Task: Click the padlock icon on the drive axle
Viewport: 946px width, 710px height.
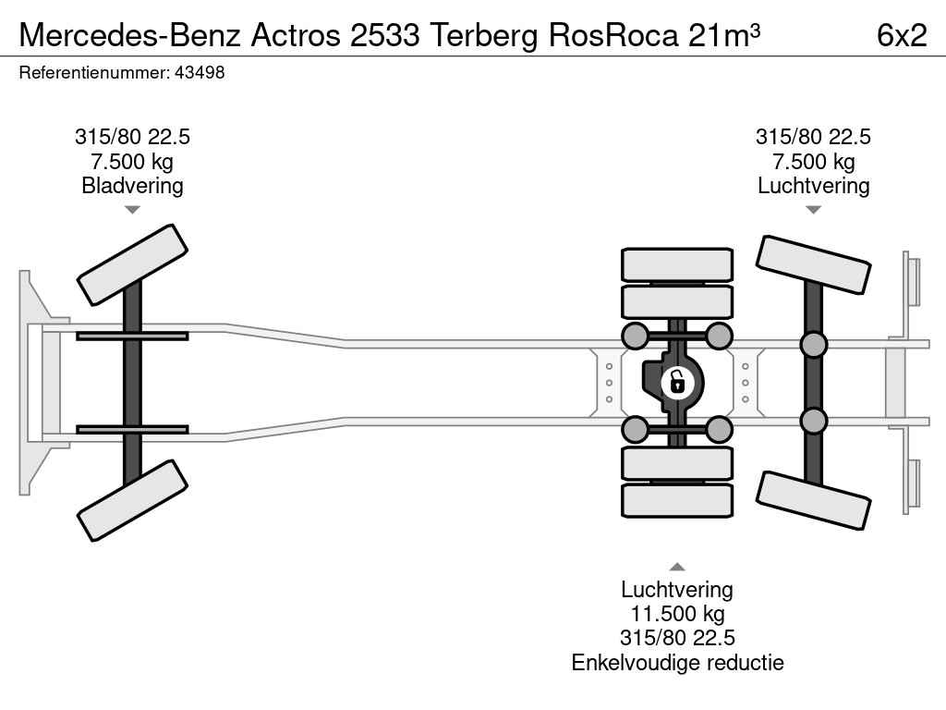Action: point(677,383)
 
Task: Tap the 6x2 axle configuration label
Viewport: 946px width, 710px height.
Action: point(902,36)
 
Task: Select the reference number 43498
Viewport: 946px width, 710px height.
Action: point(200,73)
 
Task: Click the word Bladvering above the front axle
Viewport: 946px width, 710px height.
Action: point(132,186)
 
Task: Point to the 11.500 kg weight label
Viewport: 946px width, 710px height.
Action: point(677,614)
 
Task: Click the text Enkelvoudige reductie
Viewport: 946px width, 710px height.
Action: point(677,663)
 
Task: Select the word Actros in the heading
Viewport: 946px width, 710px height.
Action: point(296,36)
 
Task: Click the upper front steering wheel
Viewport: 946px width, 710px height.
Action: point(132,265)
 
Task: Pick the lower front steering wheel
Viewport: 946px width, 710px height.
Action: point(132,500)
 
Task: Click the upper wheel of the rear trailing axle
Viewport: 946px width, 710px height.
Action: point(813,265)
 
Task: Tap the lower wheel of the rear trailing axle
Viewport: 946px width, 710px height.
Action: point(813,500)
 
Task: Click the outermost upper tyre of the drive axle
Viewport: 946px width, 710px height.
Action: point(677,264)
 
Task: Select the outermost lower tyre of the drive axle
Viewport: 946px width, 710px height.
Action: point(677,500)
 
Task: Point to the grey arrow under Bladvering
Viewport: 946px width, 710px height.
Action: point(132,210)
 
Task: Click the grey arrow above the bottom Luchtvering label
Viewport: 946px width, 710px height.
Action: point(677,567)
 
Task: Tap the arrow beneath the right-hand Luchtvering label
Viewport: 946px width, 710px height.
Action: point(813,210)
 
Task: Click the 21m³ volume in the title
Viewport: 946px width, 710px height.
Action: point(724,36)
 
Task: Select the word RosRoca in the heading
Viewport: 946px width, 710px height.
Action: point(613,36)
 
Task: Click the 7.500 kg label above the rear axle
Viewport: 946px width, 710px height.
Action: point(813,162)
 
